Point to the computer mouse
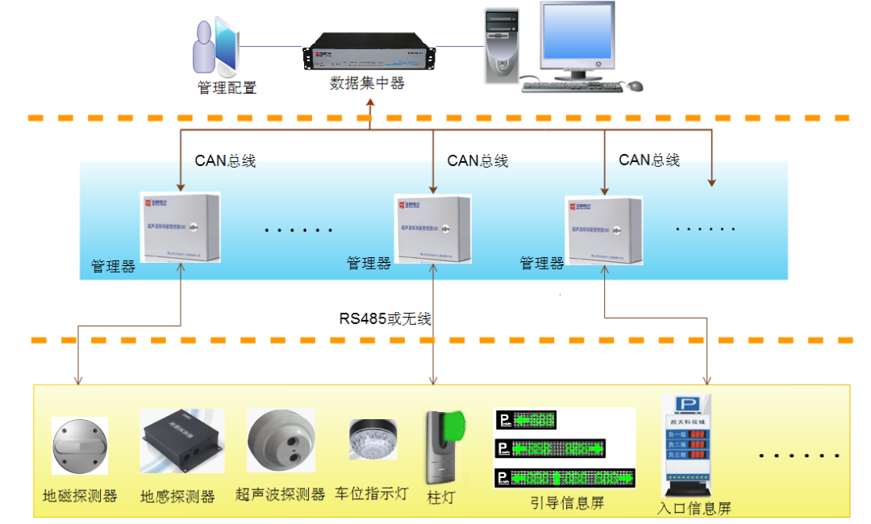pyautogui.click(x=636, y=85)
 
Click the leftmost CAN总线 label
pyautogui.click(x=225, y=160)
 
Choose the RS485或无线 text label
pyautogui.click(x=385, y=318)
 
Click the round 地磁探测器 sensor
pyautogui.click(x=79, y=447)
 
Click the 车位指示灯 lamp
pyautogui.click(x=372, y=439)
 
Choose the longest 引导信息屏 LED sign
pyautogui.click(x=565, y=477)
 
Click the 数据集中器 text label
pyautogui.click(x=367, y=83)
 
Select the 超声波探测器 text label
pyautogui.click(x=280, y=494)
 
